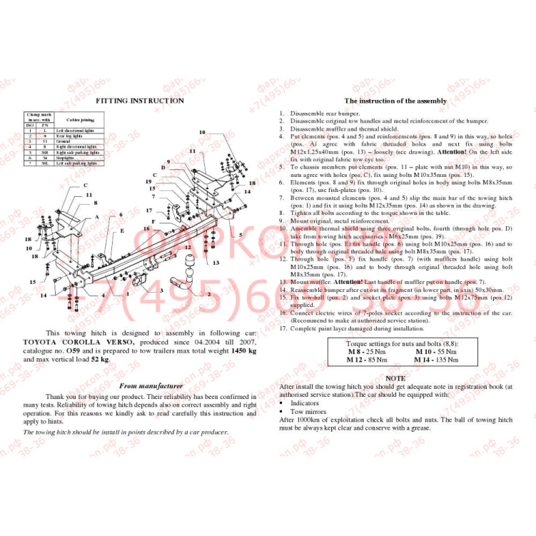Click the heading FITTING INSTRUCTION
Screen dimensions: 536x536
pyautogui.click(x=139, y=101)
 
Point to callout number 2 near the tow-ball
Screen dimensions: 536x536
pyautogui.click(x=208, y=293)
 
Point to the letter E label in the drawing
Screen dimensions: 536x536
pyautogui.click(x=122, y=231)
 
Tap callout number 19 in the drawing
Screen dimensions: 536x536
pyautogui.click(x=149, y=182)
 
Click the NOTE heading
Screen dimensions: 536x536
pyautogui.click(x=395, y=378)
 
